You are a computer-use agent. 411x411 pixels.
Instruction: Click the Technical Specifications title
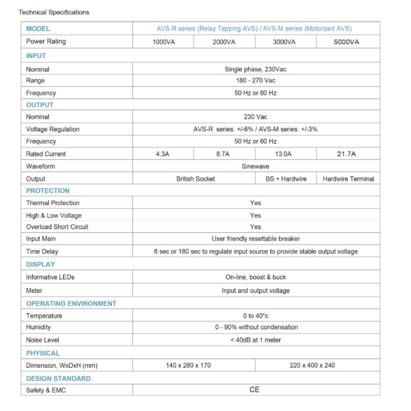(54, 12)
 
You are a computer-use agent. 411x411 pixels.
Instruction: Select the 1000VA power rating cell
(163, 42)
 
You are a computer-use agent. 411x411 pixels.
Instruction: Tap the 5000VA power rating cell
(347, 42)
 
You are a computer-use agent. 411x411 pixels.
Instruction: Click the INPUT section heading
(36, 56)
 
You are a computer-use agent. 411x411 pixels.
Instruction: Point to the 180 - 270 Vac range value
(255, 80)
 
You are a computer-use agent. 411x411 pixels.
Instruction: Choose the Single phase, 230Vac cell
(255, 69)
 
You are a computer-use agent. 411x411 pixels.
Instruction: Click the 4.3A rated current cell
(163, 154)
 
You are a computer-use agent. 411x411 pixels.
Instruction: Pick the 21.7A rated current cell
(347, 154)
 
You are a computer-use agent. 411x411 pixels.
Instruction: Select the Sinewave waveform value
(255, 167)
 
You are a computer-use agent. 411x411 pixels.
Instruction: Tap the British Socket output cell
(196, 179)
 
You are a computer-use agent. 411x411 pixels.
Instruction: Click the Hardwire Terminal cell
(348, 179)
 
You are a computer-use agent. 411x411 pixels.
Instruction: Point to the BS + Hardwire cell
(285, 179)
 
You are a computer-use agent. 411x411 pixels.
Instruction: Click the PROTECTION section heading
(48, 191)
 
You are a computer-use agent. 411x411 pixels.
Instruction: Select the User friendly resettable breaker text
(255, 239)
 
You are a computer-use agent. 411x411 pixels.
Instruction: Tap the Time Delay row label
(42, 251)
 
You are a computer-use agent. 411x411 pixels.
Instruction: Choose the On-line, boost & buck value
(255, 277)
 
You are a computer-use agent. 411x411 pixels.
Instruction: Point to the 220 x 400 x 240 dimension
(312, 365)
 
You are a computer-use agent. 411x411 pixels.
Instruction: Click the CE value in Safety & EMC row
(254, 390)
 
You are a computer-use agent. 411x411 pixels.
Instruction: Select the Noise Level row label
(43, 340)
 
